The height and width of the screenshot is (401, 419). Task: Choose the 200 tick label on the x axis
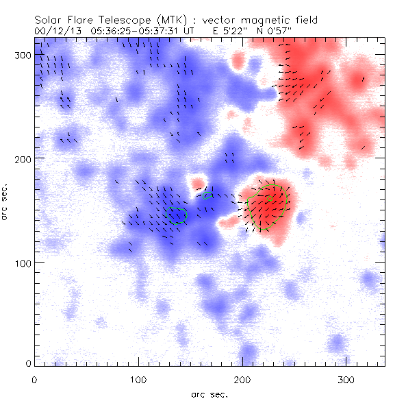[x=242, y=379]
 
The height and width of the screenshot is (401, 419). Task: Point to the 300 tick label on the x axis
[x=346, y=379]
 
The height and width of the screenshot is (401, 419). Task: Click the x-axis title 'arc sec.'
[x=209, y=393]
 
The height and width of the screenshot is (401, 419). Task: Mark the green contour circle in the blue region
[x=177, y=215]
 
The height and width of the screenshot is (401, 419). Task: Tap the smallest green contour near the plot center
[x=207, y=195]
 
